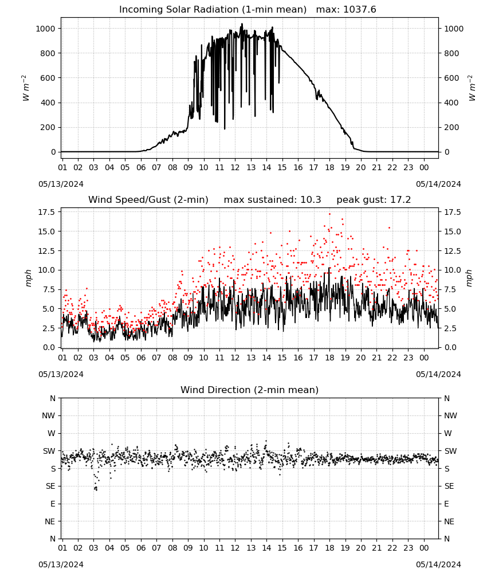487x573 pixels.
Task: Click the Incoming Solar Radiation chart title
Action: tap(213, 10)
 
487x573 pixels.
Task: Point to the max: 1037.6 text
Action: tap(346, 10)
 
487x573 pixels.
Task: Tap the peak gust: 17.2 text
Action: tap(374, 200)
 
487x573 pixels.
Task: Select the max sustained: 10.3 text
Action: tap(272, 200)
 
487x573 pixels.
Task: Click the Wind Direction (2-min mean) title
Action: tap(250, 390)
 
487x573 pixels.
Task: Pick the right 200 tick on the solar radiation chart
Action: tap(451, 128)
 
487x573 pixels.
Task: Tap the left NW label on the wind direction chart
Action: tap(49, 415)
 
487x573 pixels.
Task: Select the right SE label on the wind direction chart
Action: tap(449, 486)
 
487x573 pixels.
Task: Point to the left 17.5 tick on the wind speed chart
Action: tap(47, 213)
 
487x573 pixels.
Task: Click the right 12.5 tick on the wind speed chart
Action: tap(452, 251)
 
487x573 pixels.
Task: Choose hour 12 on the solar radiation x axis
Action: tap(235, 167)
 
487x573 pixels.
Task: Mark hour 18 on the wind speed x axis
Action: tap(329, 358)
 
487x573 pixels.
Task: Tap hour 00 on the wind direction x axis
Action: tap(424, 548)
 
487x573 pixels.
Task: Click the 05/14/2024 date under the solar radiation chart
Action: tap(438, 184)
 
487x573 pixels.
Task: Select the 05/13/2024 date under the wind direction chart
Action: tap(61, 564)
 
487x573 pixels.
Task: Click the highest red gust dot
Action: tap(329, 214)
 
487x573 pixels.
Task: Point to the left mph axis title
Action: tap(29, 278)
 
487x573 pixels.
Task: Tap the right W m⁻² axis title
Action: tap(472, 88)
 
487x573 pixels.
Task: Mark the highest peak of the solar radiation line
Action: tap(242, 23)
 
